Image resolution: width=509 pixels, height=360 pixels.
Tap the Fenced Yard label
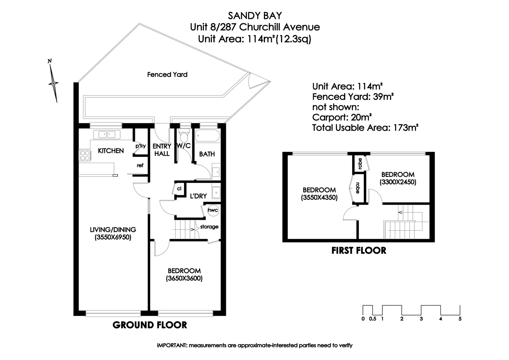(x=167, y=75)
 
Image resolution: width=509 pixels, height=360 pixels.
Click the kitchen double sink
(x=107, y=135)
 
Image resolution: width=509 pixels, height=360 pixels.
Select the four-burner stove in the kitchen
(x=85, y=156)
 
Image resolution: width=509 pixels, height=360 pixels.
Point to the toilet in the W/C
(x=184, y=136)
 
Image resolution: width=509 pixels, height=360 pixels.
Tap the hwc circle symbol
(x=213, y=210)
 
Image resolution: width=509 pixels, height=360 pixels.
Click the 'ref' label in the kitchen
(x=140, y=165)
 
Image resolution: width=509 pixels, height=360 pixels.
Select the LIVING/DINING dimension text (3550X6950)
(x=113, y=237)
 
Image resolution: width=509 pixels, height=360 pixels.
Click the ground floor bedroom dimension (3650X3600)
(x=184, y=278)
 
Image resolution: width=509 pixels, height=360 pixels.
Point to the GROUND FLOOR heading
(x=150, y=325)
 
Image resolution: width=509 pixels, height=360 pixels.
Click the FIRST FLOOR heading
(x=359, y=251)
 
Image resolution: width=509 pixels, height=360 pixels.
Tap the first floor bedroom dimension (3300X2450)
(x=398, y=182)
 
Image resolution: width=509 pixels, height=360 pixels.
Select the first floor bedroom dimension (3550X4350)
(x=319, y=197)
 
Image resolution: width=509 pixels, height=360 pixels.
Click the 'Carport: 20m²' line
(x=342, y=117)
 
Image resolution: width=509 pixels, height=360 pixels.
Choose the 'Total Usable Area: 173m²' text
(x=365, y=128)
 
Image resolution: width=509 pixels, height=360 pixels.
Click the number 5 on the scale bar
(x=460, y=319)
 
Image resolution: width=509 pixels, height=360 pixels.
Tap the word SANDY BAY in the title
(x=255, y=16)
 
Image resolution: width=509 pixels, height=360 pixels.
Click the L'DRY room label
(x=198, y=196)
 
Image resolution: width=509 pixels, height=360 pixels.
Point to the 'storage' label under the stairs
(x=209, y=227)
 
